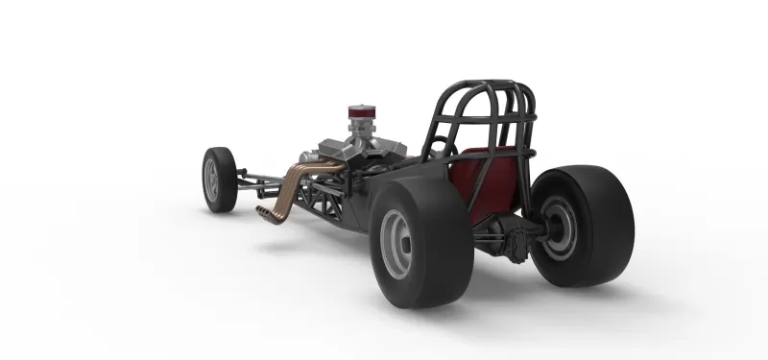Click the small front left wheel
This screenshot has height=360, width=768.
pos(219,179)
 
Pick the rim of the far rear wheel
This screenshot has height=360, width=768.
pos(559,225)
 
